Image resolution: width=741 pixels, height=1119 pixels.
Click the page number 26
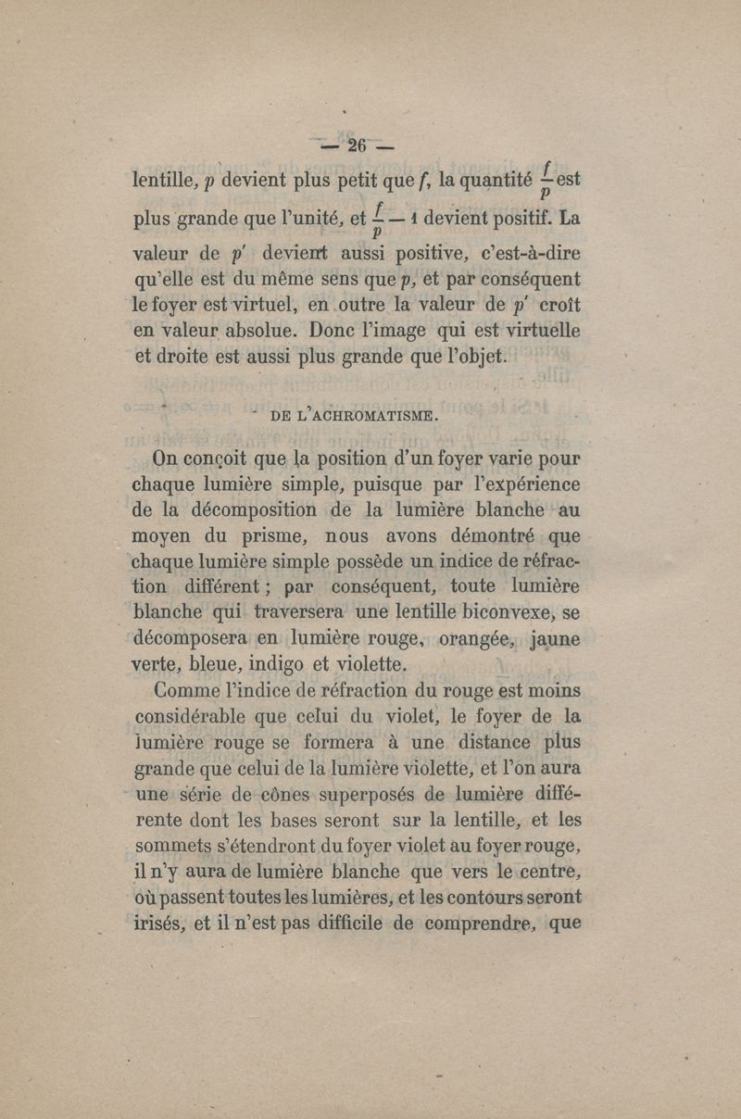click(357, 146)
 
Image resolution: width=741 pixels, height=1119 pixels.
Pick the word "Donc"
click(341, 327)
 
